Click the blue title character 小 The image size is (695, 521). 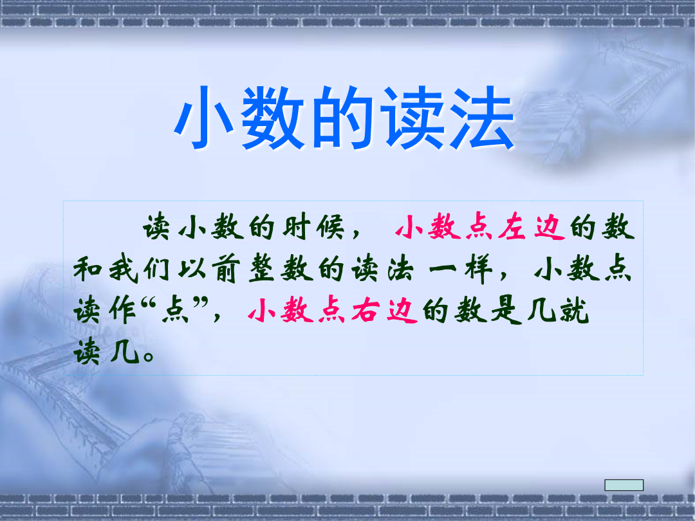[x=205, y=118]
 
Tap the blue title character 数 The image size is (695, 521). [x=273, y=118]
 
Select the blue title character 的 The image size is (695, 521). [x=342, y=118]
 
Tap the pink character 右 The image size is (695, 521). [x=366, y=311]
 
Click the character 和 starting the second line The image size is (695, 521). [x=88, y=269]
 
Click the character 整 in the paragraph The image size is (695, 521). [x=261, y=269]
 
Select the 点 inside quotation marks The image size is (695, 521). [x=175, y=311]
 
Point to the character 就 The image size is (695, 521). [x=575, y=311]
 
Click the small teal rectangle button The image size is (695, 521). [x=624, y=485]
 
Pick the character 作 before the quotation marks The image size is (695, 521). [x=122, y=311]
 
